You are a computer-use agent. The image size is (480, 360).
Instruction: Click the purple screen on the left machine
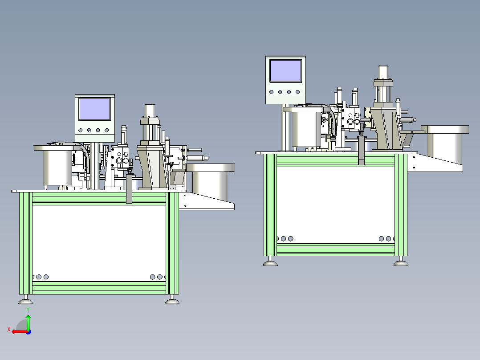[x=94, y=109]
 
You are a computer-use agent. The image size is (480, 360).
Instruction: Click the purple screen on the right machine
[x=285, y=71]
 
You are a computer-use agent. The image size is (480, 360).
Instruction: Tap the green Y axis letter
[x=28, y=310]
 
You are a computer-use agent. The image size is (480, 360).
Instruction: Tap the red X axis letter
[x=9, y=329]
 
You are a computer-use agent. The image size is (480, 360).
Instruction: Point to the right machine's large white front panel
[x=336, y=205]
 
